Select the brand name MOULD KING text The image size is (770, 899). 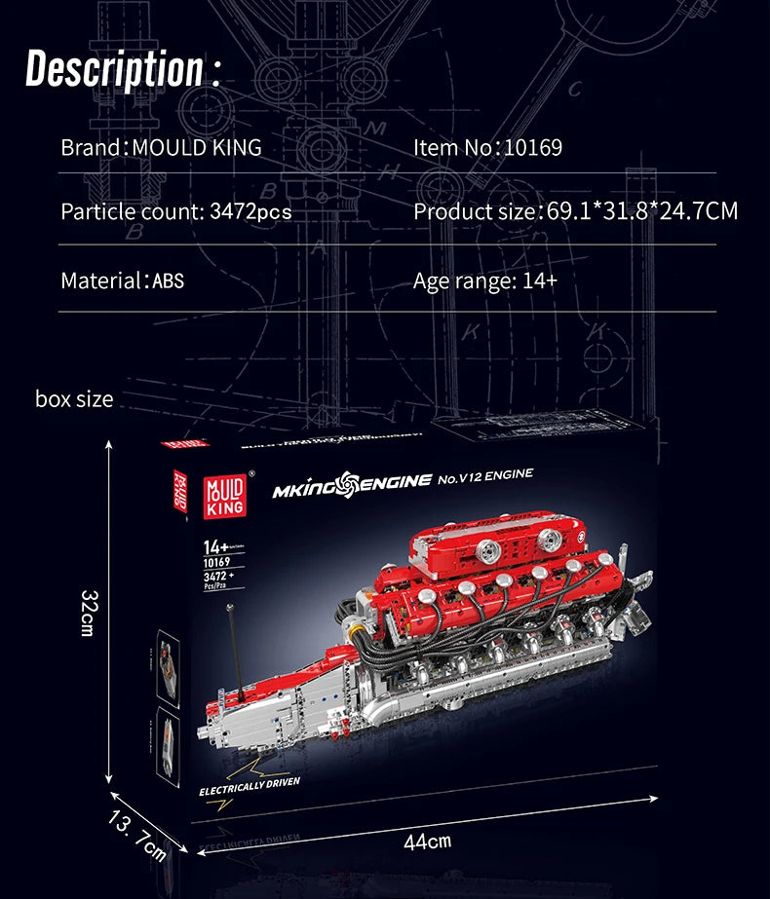[x=197, y=148]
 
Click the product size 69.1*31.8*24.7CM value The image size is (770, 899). [x=640, y=210]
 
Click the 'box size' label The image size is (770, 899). [x=74, y=398]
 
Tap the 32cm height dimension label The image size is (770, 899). [x=87, y=613]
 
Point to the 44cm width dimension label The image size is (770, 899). [x=427, y=840]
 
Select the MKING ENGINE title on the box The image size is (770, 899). [x=351, y=481]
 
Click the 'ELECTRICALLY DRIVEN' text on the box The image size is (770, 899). [x=250, y=786]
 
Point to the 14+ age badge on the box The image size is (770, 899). [x=214, y=545]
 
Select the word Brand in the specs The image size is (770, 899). [x=91, y=148]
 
